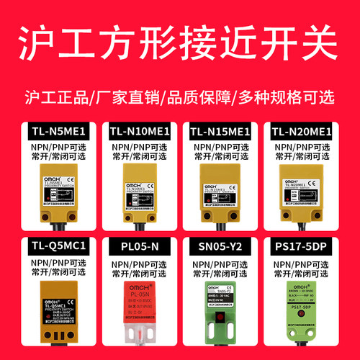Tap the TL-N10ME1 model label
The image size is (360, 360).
pyautogui.click(x=139, y=132)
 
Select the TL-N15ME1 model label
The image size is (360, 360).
pyautogui.click(x=220, y=132)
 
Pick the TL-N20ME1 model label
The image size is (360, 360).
pyautogui.click(x=302, y=132)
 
